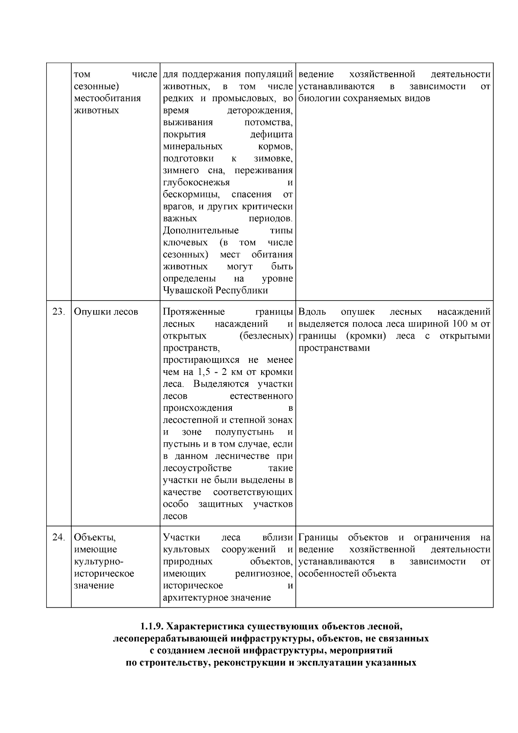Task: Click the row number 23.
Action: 58,311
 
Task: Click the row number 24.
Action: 58,537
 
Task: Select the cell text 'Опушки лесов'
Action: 106,311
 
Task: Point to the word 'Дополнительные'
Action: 201,230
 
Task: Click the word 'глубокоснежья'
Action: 196,182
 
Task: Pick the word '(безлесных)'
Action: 266,336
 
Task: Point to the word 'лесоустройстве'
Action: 197,468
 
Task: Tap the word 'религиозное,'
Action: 264,574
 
